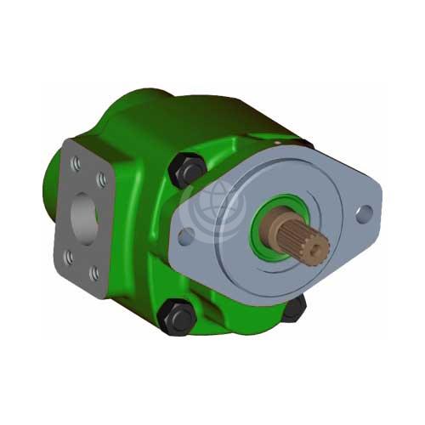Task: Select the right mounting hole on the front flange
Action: pyautogui.click(x=363, y=212)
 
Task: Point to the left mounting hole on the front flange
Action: pyautogui.click(x=186, y=234)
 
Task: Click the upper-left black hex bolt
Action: pyautogui.click(x=190, y=171)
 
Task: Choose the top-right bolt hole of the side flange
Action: pyautogui.click(x=101, y=179)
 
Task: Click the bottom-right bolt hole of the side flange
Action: pyautogui.click(x=94, y=273)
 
